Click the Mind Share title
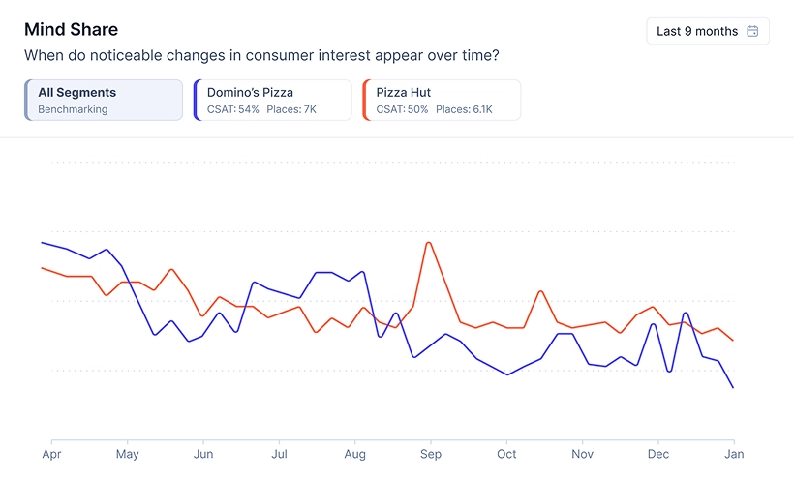(x=71, y=30)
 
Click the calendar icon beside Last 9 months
(x=752, y=31)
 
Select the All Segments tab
(x=104, y=100)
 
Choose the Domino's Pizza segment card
(x=272, y=100)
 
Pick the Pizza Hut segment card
(x=441, y=100)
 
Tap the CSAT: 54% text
(x=233, y=109)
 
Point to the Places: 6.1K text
(x=464, y=109)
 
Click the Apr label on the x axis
(x=51, y=453)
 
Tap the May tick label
(x=127, y=453)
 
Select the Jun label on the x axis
(x=203, y=453)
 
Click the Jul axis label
(x=279, y=453)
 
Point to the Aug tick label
(x=355, y=453)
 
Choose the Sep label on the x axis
(x=431, y=453)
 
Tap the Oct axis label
(x=506, y=453)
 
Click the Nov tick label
(x=582, y=453)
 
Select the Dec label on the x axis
(x=658, y=453)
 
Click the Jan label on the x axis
(x=734, y=453)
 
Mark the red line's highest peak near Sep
(x=428, y=242)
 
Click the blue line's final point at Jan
(x=733, y=387)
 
